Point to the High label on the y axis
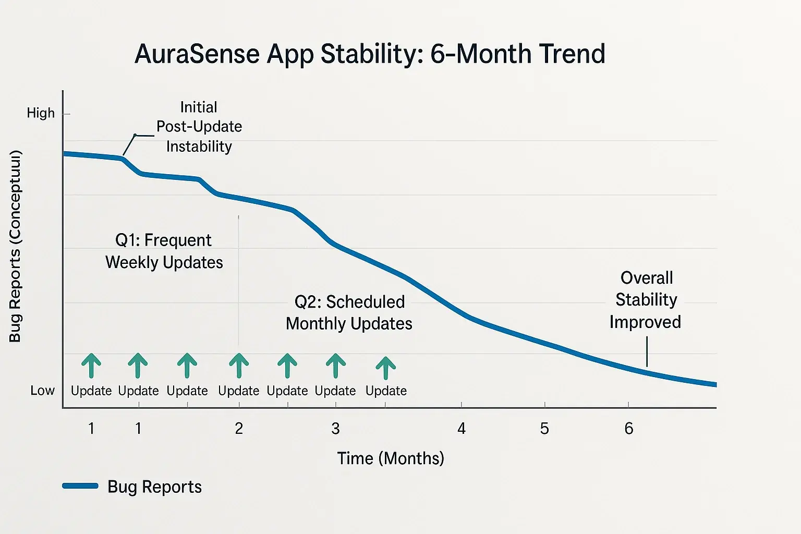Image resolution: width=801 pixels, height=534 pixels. [x=41, y=113]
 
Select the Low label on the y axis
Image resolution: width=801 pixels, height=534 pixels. [x=42, y=391]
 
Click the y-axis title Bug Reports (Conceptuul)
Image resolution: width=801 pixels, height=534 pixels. [x=15, y=246]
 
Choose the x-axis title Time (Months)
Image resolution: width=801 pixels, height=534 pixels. [x=391, y=458]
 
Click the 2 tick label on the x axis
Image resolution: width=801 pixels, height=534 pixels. [x=239, y=429]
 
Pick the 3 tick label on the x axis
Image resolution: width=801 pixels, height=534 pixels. [x=335, y=429]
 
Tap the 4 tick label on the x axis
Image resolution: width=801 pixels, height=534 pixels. [x=462, y=429]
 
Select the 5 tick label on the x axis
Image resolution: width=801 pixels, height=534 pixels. [x=544, y=429]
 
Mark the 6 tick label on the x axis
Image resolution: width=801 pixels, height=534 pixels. [x=629, y=429]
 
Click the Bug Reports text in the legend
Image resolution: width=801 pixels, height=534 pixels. [x=154, y=487]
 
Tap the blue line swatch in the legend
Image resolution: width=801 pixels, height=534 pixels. [x=80, y=486]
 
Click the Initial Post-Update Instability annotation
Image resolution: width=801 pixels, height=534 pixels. [x=199, y=127]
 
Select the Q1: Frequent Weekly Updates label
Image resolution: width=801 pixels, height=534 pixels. [x=164, y=251]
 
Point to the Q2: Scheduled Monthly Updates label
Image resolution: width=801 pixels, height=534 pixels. [x=349, y=312]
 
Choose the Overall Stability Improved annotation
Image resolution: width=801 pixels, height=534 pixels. [x=646, y=300]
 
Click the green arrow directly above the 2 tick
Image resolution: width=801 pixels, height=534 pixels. [x=239, y=365]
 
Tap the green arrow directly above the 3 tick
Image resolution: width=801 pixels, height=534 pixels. [x=336, y=365]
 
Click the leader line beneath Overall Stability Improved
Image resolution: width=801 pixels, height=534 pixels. [x=647, y=351]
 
